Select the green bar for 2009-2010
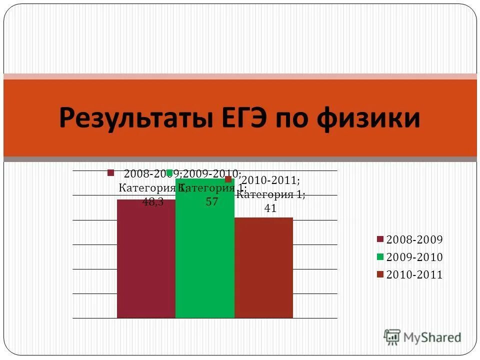click(205, 260)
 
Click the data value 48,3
click(153, 202)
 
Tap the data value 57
click(212, 202)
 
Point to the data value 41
click(270, 208)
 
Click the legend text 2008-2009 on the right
click(415, 239)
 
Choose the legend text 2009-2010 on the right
click(415, 257)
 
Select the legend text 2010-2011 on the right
click(415, 274)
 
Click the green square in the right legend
click(380, 257)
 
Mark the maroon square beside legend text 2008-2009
click(380, 239)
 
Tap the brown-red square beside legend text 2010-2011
click(380, 274)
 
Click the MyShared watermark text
click(432, 337)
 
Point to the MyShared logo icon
click(392, 337)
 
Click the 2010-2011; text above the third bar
click(270, 180)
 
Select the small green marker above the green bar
click(169, 172)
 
